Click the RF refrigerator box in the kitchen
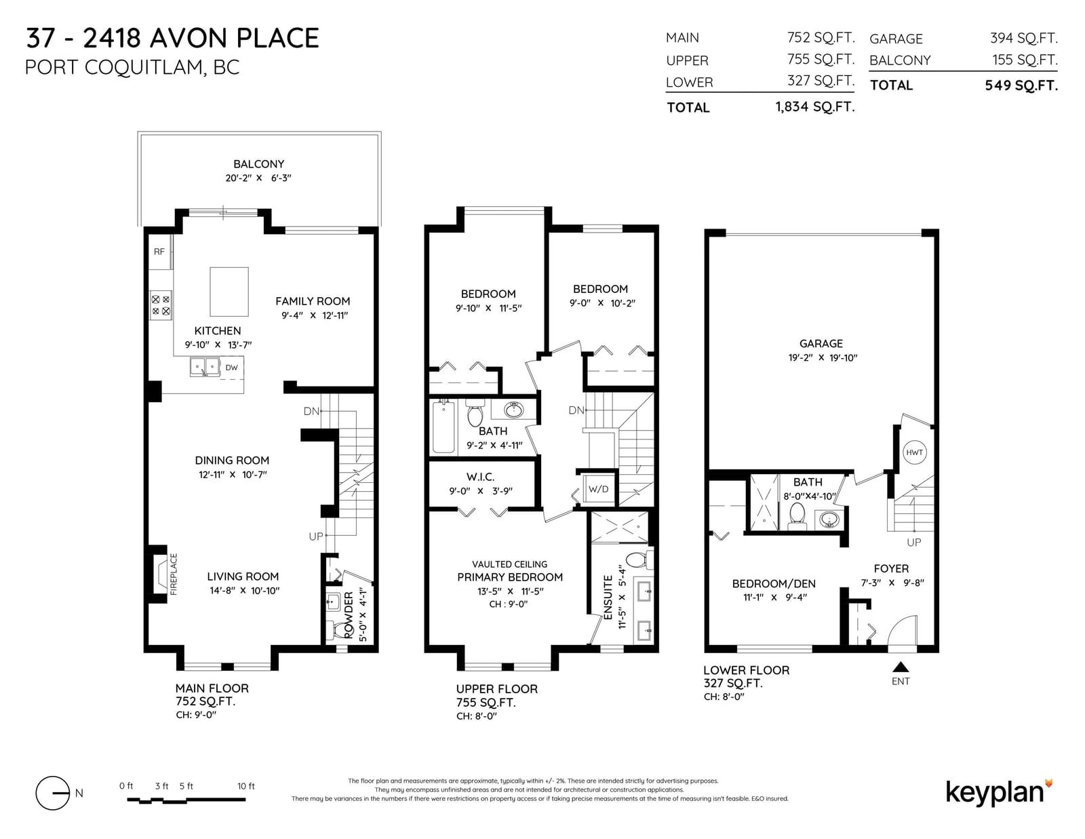point(160,252)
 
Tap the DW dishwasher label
point(231,368)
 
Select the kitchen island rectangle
point(229,292)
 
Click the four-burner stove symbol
point(161,305)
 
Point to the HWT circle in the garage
point(914,452)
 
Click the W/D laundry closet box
point(599,489)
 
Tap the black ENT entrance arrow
point(901,667)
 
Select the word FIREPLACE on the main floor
point(174,574)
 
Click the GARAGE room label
point(821,344)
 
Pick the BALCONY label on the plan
point(258,164)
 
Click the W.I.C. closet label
point(480,477)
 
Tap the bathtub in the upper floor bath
point(443,426)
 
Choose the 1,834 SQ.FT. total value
point(815,107)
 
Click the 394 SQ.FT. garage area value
point(1023,38)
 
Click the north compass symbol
point(53,793)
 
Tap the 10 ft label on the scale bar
point(245,786)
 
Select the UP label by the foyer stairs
point(913,543)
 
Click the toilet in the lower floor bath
point(797,516)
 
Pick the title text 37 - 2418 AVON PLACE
point(172,39)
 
